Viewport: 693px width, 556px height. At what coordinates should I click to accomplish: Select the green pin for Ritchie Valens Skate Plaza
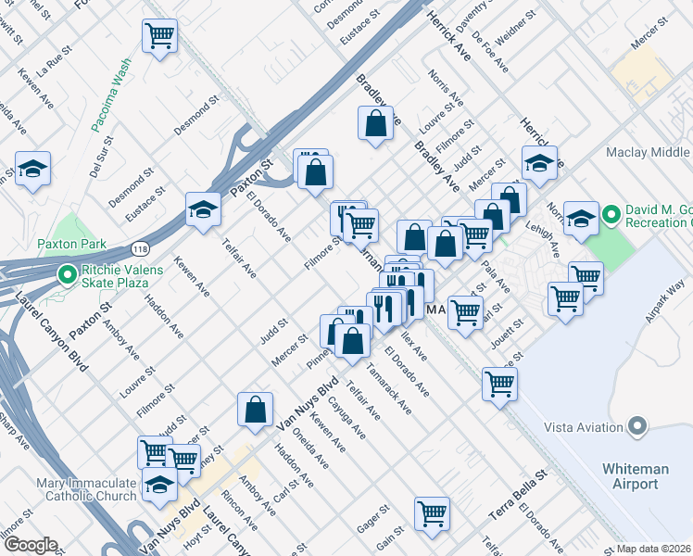pyautogui.click(x=67, y=274)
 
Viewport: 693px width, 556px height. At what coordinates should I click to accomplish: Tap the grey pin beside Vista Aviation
pyautogui.click(x=636, y=425)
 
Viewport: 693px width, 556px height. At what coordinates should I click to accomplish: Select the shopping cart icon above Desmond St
pyautogui.click(x=159, y=36)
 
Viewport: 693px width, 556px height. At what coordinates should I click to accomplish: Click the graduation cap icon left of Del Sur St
pyautogui.click(x=32, y=170)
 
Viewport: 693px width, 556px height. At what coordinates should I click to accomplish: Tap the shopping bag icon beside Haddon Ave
pyautogui.click(x=256, y=409)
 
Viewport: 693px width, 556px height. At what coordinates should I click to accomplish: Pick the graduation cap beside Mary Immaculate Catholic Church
pyautogui.click(x=160, y=485)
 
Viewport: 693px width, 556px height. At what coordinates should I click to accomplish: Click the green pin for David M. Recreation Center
pyautogui.click(x=611, y=217)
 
